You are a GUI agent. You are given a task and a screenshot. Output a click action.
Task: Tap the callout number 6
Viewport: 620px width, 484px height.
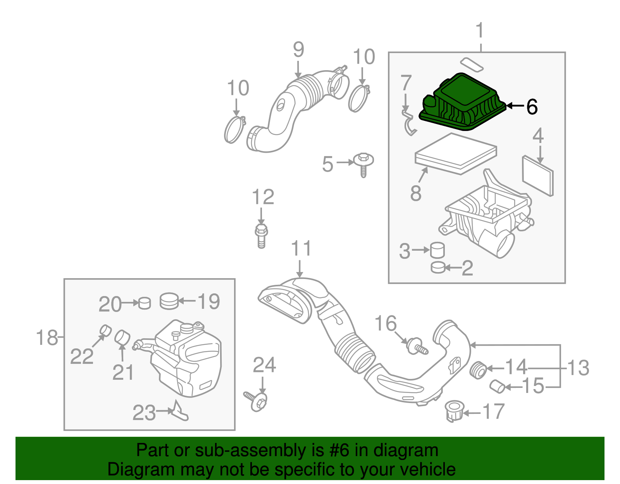click(x=532, y=107)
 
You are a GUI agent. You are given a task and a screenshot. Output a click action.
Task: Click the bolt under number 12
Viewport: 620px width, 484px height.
click(x=261, y=234)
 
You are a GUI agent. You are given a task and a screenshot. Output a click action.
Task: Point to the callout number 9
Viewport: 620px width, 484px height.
click(x=298, y=50)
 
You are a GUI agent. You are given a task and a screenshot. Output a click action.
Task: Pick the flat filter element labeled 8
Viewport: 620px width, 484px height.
click(x=455, y=154)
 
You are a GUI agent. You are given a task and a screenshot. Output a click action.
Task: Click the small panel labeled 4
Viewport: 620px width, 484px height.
click(x=538, y=176)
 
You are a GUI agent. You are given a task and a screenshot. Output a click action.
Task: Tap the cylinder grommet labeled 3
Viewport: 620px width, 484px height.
click(x=437, y=250)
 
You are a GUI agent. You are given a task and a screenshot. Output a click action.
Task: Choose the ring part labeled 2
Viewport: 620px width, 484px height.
click(x=438, y=267)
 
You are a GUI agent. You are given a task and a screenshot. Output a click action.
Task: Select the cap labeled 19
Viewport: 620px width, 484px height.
click(x=169, y=301)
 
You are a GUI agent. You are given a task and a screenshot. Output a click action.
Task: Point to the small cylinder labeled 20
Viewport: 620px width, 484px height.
click(x=145, y=303)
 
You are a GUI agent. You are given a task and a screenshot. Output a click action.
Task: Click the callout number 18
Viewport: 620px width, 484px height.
click(x=47, y=338)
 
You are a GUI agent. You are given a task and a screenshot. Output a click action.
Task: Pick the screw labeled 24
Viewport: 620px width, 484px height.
click(x=257, y=401)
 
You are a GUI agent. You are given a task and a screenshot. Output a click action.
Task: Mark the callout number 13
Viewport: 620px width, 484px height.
click(x=578, y=368)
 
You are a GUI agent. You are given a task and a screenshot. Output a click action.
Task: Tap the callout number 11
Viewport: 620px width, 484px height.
click(x=301, y=248)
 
